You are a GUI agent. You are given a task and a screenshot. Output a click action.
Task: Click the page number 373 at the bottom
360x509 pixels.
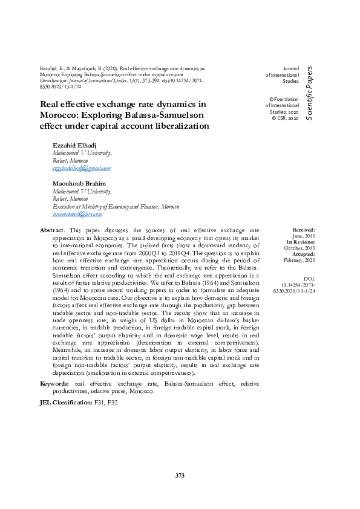click(180, 476)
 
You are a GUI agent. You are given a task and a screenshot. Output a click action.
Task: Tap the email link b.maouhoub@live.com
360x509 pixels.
click(77, 213)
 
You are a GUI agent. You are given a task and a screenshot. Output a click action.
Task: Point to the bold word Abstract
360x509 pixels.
click(52, 230)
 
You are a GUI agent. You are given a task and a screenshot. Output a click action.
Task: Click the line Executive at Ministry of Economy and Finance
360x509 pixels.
click(106, 206)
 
